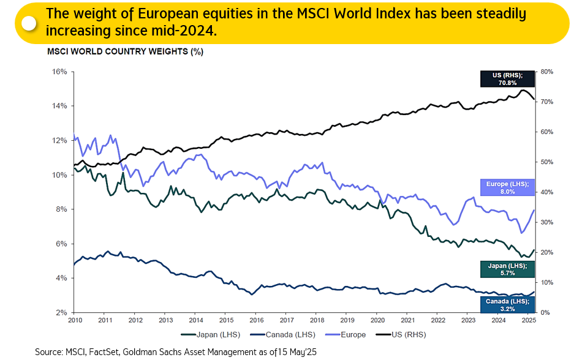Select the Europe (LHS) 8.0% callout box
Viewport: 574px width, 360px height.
[x=507, y=187]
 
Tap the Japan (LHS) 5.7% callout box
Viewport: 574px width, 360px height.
[x=507, y=269]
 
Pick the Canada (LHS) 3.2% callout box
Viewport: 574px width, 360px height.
[x=507, y=304]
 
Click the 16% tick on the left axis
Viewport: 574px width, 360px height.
[x=59, y=72]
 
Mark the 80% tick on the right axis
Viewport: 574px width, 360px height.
[x=546, y=72]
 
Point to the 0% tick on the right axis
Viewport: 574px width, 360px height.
[x=545, y=312]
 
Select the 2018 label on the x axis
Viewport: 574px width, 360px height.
[x=317, y=320]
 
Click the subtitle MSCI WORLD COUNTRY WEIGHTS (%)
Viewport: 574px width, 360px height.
[x=126, y=51]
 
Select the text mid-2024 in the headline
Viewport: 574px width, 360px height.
[x=189, y=30]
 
